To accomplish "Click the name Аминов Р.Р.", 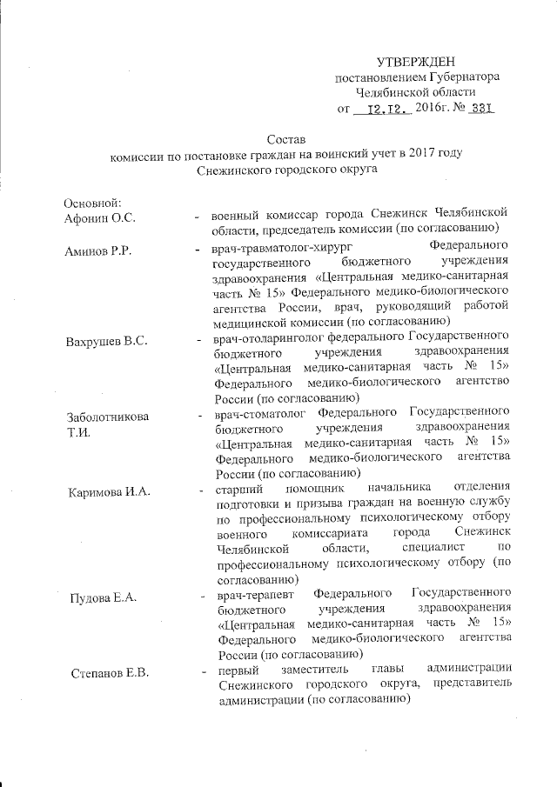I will pos(98,252).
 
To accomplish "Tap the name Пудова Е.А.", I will pos(104,598).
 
